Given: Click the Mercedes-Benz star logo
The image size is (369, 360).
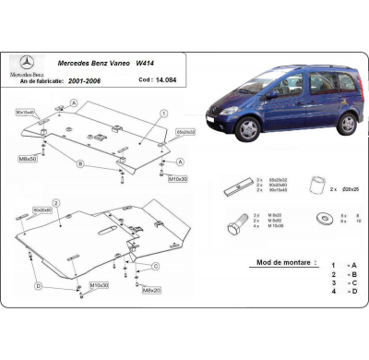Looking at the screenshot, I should (x=27, y=61).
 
